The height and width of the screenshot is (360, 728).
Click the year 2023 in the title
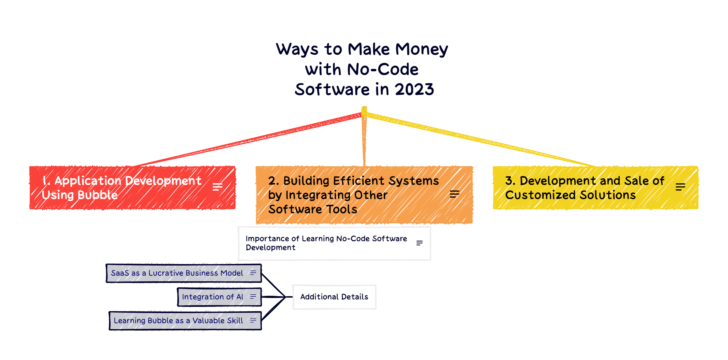click(x=414, y=89)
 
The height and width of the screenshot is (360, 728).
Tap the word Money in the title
click(x=421, y=49)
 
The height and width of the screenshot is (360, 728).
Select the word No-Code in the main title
click(x=383, y=70)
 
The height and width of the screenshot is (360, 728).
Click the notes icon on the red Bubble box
click(x=218, y=187)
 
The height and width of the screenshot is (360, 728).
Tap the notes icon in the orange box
click(x=454, y=194)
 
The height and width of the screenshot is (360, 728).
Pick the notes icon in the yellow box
click(x=680, y=187)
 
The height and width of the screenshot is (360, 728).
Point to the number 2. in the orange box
click(x=273, y=181)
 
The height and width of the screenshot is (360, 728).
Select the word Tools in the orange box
click(x=342, y=209)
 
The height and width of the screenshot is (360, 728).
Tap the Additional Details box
click(x=334, y=297)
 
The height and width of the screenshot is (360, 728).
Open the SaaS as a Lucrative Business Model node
click(x=177, y=273)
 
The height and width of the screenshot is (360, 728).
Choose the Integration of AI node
click(x=212, y=297)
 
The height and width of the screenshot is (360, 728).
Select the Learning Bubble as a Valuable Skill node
click(x=178, y=320)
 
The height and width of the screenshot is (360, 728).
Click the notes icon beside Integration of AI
click(x=253, y=296)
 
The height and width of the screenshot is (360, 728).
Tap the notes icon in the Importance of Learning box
click(x=419, y=243)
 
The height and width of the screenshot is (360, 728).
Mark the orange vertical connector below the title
click(x=364, y=140)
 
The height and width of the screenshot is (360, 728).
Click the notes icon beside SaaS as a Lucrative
click(x=253, y=273)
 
